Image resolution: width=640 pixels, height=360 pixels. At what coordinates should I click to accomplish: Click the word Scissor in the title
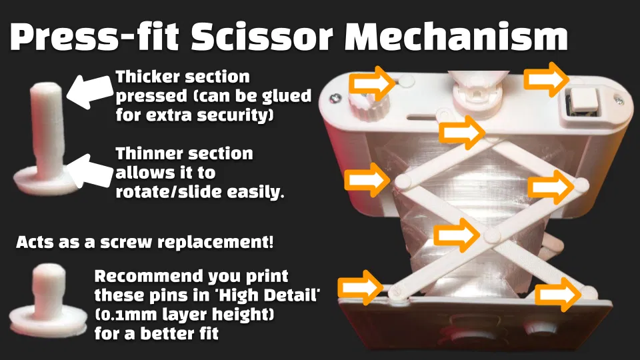[262, 37]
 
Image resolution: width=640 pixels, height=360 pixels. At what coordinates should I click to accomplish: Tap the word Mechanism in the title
[456, 37]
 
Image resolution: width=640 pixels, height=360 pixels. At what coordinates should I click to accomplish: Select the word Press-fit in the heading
[95, 37]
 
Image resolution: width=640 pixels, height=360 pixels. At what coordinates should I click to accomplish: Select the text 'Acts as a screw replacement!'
[145, 242]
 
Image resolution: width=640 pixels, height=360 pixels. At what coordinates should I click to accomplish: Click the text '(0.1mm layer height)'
[185, 314]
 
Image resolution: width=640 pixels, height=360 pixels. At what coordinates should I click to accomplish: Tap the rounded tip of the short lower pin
[49, 271]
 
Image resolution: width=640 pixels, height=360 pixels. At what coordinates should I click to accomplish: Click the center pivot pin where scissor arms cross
[491, 235]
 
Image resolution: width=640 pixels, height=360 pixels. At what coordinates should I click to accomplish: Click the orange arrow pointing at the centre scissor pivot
[457, 235]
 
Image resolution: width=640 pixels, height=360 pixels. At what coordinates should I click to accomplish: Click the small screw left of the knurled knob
[336, 99]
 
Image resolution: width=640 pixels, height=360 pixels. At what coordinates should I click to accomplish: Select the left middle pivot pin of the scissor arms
[403, 181]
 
